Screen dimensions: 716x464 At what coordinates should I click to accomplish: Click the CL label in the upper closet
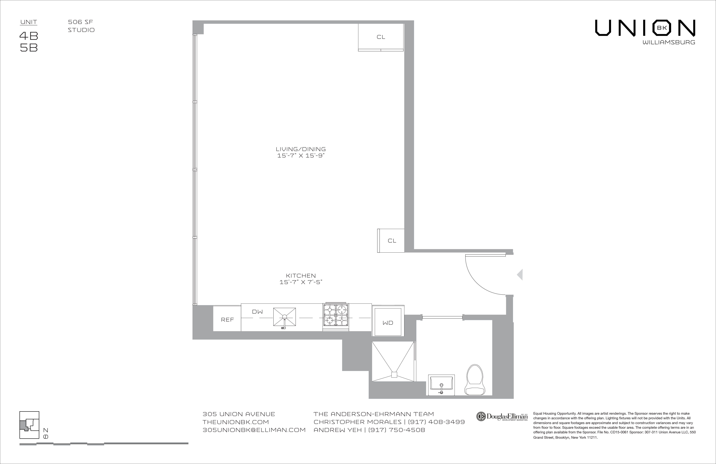(381, 37)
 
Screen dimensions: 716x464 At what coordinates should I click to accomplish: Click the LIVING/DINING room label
(301, 149)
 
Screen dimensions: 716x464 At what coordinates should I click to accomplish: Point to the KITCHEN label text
(301, 276)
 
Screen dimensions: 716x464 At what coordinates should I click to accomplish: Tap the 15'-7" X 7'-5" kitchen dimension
(301, 282)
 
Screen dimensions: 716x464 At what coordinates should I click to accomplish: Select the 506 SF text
(80, 22)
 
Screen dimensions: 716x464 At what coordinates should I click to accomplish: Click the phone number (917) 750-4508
(395, 430)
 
